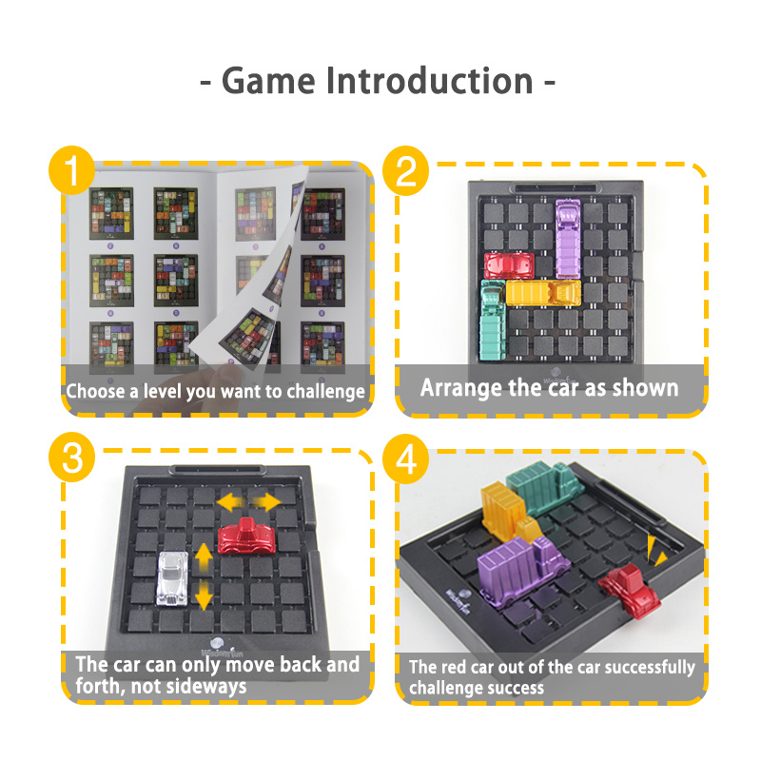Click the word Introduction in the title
pos(430,81)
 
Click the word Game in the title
pos(268,81)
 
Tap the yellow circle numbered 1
pos(72,170)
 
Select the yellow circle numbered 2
pos(406,171)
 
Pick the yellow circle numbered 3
pos(72,458)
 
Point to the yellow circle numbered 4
pos(406,459)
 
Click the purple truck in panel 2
pos(568,239)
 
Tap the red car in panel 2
pos(509,265)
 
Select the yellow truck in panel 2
pos(543,292)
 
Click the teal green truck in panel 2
pos(493,320)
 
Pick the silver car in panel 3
pos(172,578)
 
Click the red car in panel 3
pos(246,537)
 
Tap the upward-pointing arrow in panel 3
pos(204,556)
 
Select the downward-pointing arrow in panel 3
pos(204,595)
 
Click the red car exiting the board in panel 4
pos(630,589)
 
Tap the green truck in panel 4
pos(544,487)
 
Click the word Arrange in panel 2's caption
pos(461,388)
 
